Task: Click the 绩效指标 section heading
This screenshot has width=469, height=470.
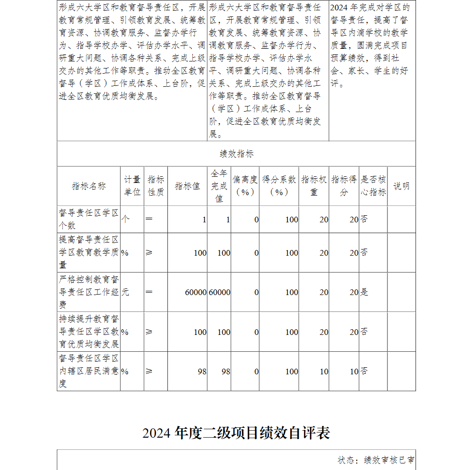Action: [236, 154]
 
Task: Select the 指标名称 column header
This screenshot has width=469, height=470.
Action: [89, 186]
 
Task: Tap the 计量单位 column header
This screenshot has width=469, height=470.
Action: [132, 186]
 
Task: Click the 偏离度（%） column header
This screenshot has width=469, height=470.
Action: [245, 186]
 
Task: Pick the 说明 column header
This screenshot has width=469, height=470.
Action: [401, 186]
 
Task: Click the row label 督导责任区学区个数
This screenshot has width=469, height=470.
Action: [89, 219]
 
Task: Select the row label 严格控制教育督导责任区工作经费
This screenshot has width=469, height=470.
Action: [89, 292]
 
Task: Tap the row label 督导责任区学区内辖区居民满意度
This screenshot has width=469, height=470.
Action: [89, 371]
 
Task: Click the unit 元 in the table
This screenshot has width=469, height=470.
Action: [125, 292]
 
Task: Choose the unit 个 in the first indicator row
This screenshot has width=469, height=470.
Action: [125, 219]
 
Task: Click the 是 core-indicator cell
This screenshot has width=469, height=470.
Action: [364, 292]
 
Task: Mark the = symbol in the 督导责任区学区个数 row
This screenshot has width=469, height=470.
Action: [149, 219]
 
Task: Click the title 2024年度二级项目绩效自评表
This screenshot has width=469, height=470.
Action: [236, 432]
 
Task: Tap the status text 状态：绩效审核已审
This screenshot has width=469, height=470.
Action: [376, 460]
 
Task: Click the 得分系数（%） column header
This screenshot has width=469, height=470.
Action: [279, 186]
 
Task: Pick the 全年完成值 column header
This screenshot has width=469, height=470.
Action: [219, 186]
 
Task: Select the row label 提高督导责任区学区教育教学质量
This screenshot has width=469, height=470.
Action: [89, 252]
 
